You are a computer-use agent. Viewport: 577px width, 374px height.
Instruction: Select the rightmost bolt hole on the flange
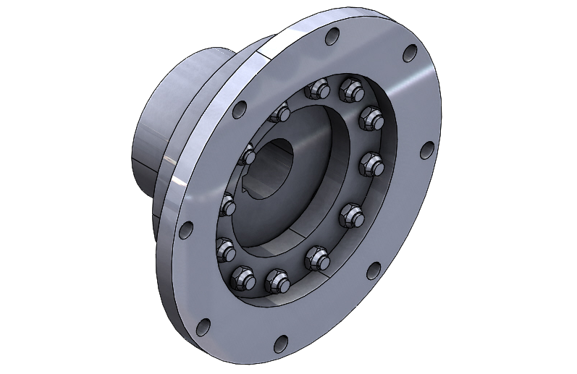427,150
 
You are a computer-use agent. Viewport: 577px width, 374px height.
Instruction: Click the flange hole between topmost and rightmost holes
410,53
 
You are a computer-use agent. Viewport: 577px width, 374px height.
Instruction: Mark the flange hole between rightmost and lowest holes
373,271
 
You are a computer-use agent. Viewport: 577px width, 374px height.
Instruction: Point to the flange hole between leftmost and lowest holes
203,327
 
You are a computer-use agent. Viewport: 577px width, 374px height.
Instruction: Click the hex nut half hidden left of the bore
248,155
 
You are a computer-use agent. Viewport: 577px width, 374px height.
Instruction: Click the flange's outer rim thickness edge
165,275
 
